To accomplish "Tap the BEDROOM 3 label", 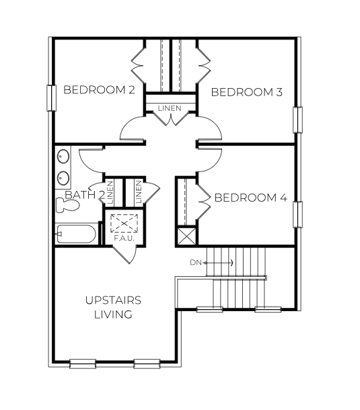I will coord(246,92).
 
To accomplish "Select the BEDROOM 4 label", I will coord(250,198).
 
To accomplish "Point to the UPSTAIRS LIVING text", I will coord(113,306).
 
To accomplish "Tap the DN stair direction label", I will coord(196,262).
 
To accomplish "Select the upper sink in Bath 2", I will coord(63,157).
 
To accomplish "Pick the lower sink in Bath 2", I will coord(63,179).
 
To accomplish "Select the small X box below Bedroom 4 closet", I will coord(185,237).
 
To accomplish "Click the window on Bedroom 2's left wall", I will coord(49,97).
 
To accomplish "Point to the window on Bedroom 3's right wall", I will coord(297,119).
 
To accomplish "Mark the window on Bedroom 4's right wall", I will coord(297,214).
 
